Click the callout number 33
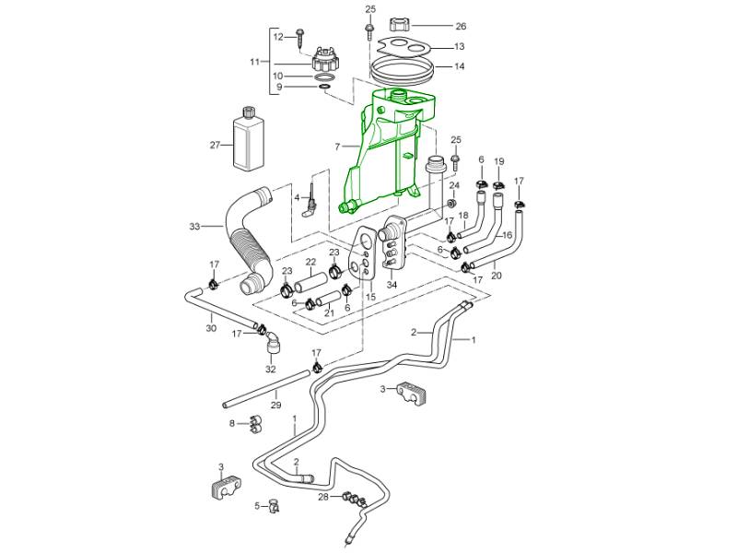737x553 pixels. pos(193,226)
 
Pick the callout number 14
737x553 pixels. pos(459,66)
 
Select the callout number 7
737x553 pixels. pos(338,146)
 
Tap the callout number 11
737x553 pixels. pos(255,61)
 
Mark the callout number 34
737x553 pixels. pos(392,285)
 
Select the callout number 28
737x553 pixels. pos(322,497)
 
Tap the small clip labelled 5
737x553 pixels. pos(273,504)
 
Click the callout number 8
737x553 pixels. pos(232,423)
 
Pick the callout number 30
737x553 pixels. pos(210,328)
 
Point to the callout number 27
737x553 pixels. pos(215,145)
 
